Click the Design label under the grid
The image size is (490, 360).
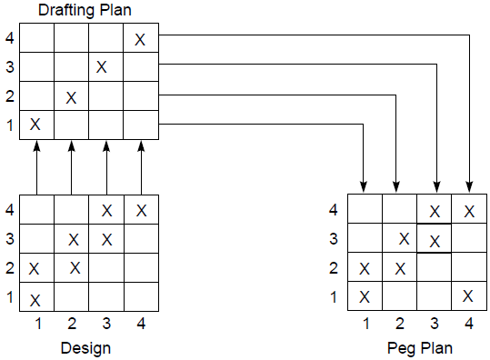(x=87, y=347)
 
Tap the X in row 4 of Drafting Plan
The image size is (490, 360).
(x=141, y=39)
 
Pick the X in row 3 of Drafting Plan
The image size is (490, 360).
(x=102, y=67)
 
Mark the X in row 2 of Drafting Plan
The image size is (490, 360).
(x=71, y=96)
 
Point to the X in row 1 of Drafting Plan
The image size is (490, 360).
(x=35, y=125)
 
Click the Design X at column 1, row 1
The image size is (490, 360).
(x=35, y=298)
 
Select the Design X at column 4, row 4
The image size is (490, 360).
(x=141, y=211)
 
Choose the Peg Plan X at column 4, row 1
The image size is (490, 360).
(x=467, y=295)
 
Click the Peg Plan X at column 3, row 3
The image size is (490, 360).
(x=435, y=241)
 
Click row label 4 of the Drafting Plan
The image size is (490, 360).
(x=10, y=39)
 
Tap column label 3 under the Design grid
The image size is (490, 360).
(x=106, y=323)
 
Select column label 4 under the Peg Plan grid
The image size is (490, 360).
(x=468, y=323)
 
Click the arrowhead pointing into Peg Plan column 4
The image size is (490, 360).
(x=469, y=186)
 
